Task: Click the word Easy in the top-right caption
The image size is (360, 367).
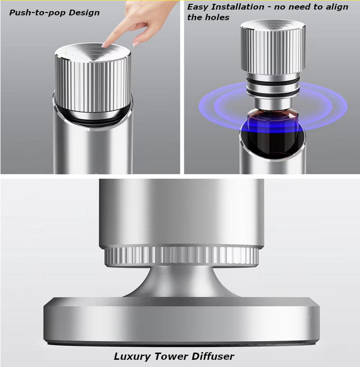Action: (x=197, y=7)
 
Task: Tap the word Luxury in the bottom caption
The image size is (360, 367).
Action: (x=133, y=356)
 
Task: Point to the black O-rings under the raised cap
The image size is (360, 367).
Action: (x=273, y=86)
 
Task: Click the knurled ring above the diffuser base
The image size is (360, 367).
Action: (x=181, y=256)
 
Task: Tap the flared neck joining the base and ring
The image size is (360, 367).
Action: (x=181, y=283)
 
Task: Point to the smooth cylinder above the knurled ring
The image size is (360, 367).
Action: (x=181, y=211)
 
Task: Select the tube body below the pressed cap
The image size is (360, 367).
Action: (x=93, y=149)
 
